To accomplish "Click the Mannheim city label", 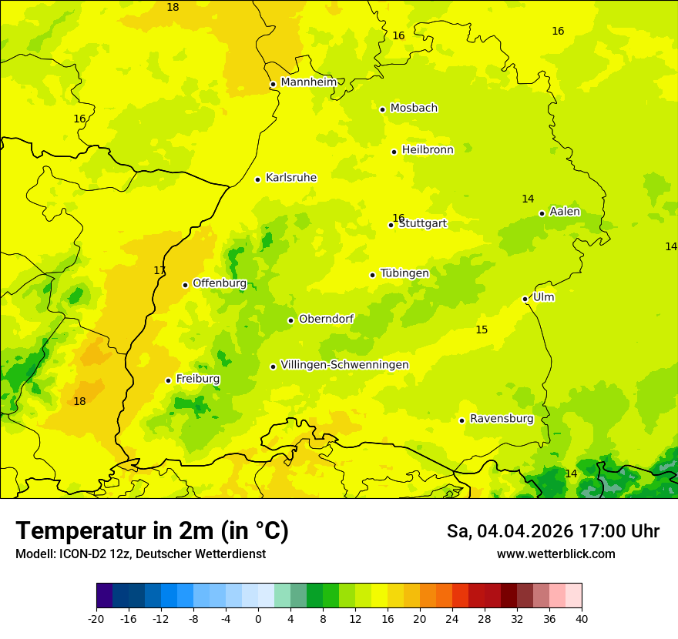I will [308, 82].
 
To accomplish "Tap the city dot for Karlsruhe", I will [257, 179].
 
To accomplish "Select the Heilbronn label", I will [428, 150].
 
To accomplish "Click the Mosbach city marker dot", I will [382, 109].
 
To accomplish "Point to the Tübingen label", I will [404, 273].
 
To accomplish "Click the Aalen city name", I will [565, 212].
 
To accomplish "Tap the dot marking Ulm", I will [525, 299].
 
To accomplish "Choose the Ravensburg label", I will [502, 419].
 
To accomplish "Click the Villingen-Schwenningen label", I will [344, 365].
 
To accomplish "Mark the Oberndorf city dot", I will [290, 320].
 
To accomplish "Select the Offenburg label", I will [220, 283].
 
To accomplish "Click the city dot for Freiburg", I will [168, 380].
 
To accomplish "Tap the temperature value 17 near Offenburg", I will [159, 270].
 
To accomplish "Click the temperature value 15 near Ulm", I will [482, 330].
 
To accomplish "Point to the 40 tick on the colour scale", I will [582, 618].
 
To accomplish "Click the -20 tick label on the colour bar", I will [96, 618].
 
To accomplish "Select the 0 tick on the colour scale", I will [258, 618].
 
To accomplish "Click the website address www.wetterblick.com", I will [555, 554].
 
